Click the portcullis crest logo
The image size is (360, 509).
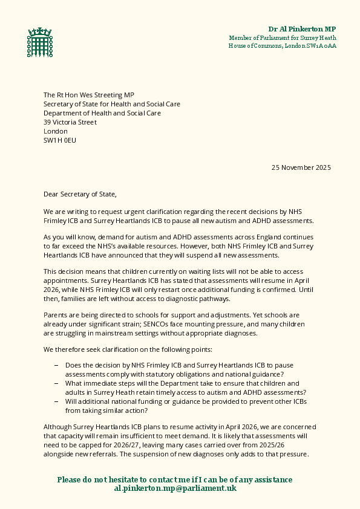pyautogui.click(x=36, y=42)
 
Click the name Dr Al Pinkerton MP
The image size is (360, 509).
pyautogui.click(x=302, y=29)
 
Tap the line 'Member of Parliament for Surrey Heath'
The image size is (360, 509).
pyautogui.click(x=283, y=37)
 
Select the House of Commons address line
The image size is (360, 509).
pyautogui.click(x=283, y=46)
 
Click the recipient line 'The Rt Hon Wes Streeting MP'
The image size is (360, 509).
pyautogui.click(x=88, y=95)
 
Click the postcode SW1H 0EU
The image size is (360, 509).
pyautogui.click(x=60, y=140)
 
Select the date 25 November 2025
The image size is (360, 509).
pyautogui.click(x=301, y=167)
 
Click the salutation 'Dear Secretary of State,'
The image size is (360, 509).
pyautogui.click(x=79, y=194)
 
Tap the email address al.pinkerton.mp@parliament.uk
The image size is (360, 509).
pyautogui.click(x=175, y=488)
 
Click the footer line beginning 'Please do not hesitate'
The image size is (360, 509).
pyautogui.click(x=175, y=479)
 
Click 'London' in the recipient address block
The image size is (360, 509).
pyautogui.click(x=56, y=131)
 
